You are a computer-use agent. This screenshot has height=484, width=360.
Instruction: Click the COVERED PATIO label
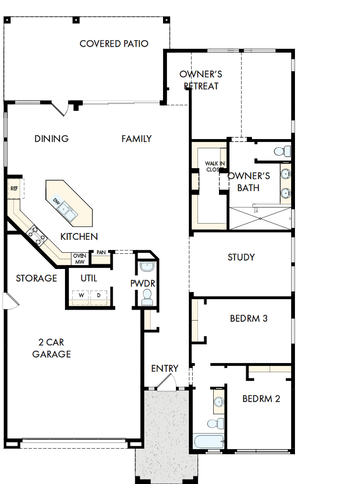point(114,43)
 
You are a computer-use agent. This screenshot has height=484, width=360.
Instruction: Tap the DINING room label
point(52,139)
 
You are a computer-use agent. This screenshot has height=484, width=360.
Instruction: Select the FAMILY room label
point(136,139)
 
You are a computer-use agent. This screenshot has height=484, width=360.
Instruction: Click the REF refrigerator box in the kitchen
point(14,189)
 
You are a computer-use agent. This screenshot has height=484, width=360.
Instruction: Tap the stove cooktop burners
point(36,236)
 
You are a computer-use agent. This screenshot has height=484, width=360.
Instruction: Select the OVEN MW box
point(79,258)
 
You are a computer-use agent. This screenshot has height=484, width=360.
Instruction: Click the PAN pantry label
point(101,252)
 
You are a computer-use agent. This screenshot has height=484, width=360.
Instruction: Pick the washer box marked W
point(81,295)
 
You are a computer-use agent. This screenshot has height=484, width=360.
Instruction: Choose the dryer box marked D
point(99,295)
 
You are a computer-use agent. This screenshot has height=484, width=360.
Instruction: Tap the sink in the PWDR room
point(146,267)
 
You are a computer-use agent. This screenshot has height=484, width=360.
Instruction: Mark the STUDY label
point(241,257)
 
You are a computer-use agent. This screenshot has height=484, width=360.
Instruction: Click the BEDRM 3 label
point(248,318)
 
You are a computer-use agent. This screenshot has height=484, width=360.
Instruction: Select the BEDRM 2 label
point(261,398)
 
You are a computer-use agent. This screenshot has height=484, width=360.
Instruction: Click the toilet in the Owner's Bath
point(282,152)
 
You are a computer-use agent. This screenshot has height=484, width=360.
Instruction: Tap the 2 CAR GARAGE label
point(52,348)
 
